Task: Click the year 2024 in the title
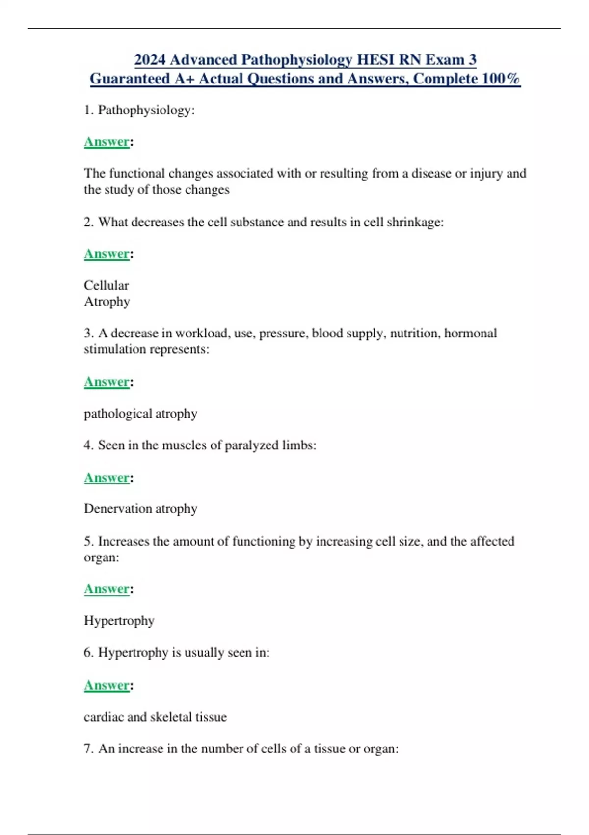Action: [x=150, y=59]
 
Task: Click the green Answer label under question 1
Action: [x=107, y=142]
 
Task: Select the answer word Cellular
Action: [x=106, y=285]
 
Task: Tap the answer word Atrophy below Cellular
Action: [x=107, y=301]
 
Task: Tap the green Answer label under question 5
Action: [x=107, y=589]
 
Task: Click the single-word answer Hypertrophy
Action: [x=119, y=621]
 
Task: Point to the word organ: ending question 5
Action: [x=101, y=557]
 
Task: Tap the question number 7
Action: [x=88, y=749]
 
